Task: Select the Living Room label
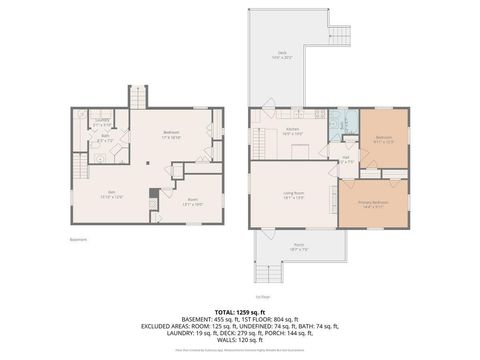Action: (293, 196)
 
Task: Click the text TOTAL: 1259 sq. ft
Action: (240, 313)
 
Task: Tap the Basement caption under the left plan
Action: (79, 239)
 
